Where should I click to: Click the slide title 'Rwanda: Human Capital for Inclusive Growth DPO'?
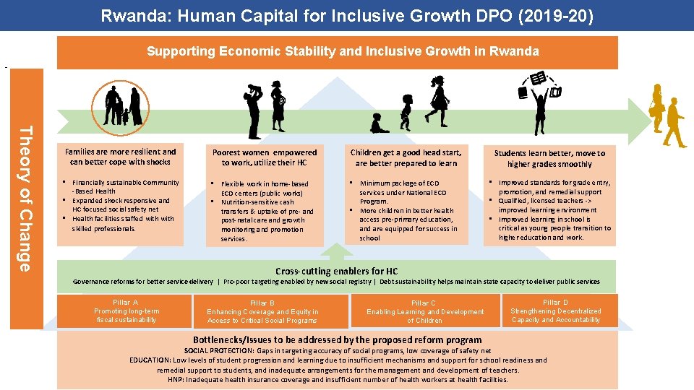pyautogui.click(x=347, y=15)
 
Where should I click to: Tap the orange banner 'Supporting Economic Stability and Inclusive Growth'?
pyautogui.click(x=343, y=51)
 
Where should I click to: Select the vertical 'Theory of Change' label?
pyautogui.click(x=25, y=199)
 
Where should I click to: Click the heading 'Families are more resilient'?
pyautogui.click(x=121, y=157)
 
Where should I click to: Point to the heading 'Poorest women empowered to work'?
pyautogui.click(x=265, y=157)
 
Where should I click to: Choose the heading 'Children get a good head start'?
pyautogui.click(x=406, y=157)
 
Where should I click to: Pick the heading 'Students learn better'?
pyautogui.click(x=549, y=158)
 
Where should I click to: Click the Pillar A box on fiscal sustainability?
pyautogui.click(x=127, y=311)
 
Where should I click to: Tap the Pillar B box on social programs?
pyautogui.click(x=262, y=312)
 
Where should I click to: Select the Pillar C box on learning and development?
pyautogui.click(x=425, y=312)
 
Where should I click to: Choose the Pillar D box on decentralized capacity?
pyautogui.click(x=555, y=311)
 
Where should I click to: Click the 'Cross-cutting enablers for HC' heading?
pyautogui.click(x=336, y=271)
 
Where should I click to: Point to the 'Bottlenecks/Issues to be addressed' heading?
pyautogui.click(x=337, y=339)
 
